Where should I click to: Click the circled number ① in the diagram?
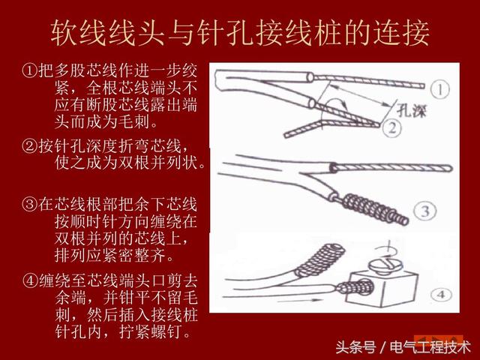click(440, 91)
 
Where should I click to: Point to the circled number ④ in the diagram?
click(440, 291)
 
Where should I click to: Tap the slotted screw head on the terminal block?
click(387, 264)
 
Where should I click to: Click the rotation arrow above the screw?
click(387, 244)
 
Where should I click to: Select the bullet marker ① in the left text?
click(28, 72)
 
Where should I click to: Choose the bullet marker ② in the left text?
click(28, 145)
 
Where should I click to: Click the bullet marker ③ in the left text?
click(28, 203)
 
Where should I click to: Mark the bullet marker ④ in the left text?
click(28, 281)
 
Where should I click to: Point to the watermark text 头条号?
click(355, 346)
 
